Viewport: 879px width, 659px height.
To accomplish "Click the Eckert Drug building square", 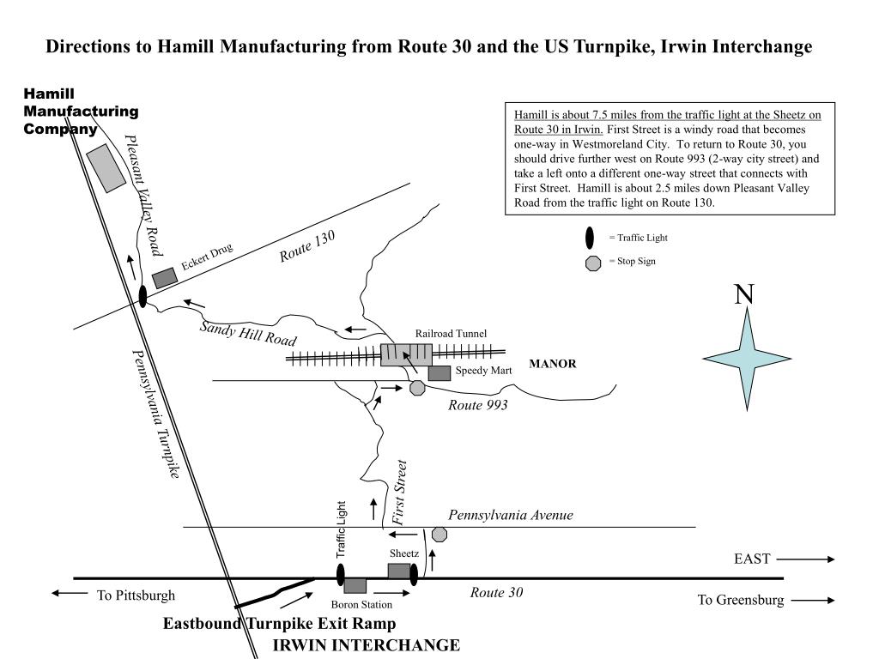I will click(165, 278).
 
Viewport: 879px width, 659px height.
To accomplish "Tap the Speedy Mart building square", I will click(439, 373).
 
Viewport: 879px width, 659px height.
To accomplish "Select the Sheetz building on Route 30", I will click(399, 571).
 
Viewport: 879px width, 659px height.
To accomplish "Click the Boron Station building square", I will click(355, 585).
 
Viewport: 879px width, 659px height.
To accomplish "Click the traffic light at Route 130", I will click(142, 297).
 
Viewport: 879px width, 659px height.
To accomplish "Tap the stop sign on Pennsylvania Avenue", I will click(439, 535).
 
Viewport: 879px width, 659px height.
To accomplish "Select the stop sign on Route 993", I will click(417, 388).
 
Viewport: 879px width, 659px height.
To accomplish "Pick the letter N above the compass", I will click(744, 294).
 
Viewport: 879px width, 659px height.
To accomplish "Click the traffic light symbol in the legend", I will click(591, 238).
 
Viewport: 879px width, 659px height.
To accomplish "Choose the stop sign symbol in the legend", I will click(592, 263).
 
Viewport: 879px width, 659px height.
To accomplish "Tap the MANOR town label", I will click(553, 364).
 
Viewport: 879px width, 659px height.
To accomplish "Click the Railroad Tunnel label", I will click(451, 333).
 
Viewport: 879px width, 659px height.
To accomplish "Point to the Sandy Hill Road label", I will click(248, 333).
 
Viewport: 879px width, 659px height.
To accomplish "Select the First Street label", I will click(399, 493).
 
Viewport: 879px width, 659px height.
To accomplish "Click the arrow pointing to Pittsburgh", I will click(70, 593).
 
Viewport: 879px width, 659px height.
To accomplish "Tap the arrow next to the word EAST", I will click(805, 559).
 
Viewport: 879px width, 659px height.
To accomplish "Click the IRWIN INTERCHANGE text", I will click(366, 645).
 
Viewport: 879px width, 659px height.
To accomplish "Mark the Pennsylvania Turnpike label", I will click(155, 414).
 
